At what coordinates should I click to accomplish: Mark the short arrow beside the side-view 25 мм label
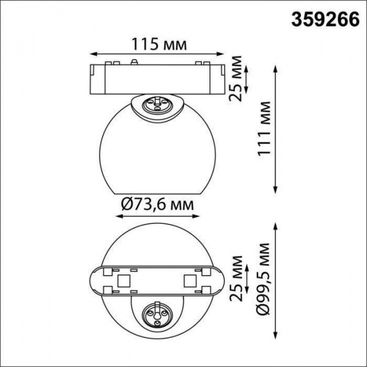(x=247, y=76)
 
